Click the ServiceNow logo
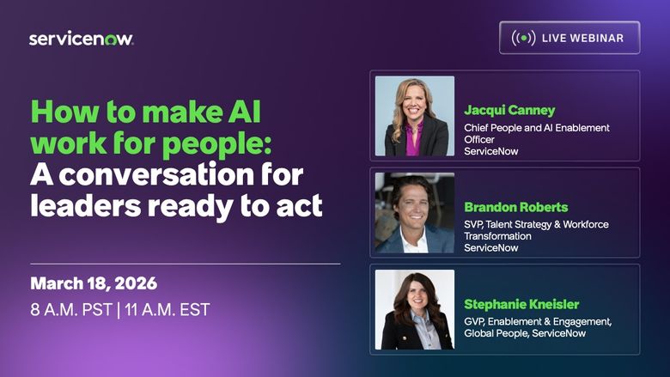coord(82,39)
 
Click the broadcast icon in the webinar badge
coord(523,38)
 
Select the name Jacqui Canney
coord(509,110)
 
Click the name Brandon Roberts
coord(515,207)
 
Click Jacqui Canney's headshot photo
coord(415,116)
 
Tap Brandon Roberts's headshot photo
coord(415,213)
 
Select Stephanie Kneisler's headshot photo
coord(415,310)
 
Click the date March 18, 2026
coord(94,284)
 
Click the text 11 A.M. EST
coord(165,309)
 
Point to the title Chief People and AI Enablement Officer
coord(537,133)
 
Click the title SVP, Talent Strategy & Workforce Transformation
coord(536,230)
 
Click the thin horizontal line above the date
coord(186,264)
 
